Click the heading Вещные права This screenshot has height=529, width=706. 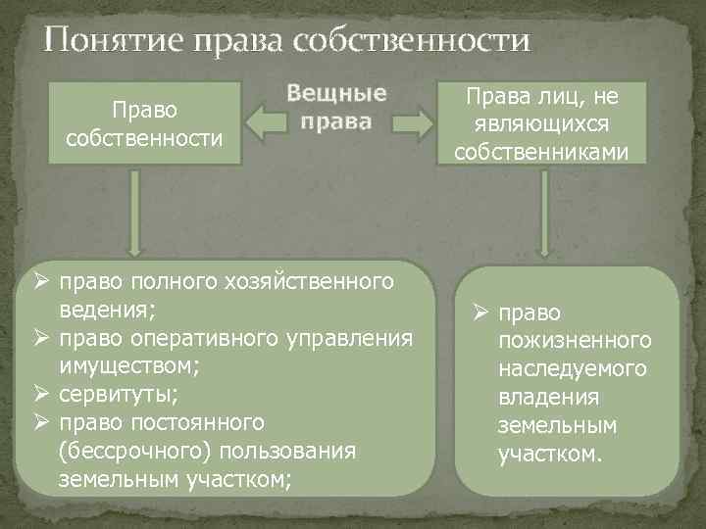336,108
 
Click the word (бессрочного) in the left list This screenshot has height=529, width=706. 136,452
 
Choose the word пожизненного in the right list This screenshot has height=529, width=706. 575,341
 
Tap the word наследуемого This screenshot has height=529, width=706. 573,370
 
